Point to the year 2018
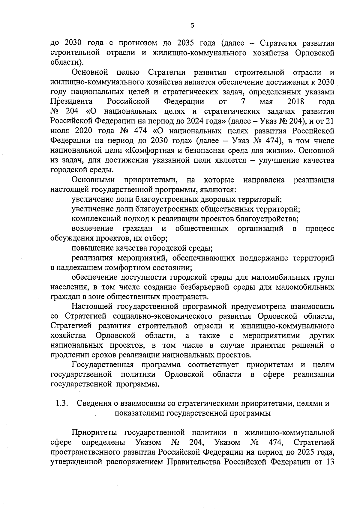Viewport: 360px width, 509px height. (295, 102)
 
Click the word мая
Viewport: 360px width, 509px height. (266, 102)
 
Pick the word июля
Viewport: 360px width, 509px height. (60, 131)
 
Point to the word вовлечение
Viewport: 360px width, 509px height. (92, 229)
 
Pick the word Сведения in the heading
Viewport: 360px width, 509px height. (94, 403)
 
